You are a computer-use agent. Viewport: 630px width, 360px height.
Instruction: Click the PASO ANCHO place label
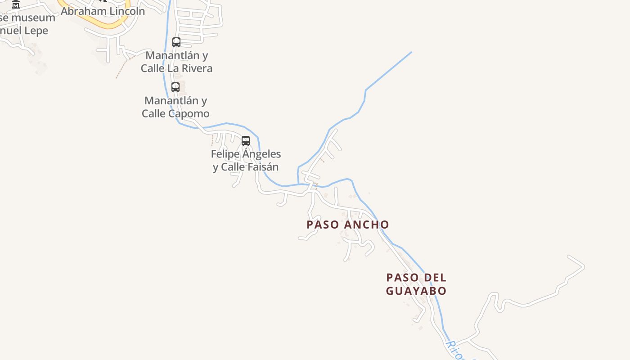pos(347,224)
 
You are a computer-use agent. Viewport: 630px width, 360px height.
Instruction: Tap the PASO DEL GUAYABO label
pos(416,284)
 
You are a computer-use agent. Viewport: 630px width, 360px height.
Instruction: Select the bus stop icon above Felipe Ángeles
pos(246,140)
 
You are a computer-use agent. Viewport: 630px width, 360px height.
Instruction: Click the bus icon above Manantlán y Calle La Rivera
pos(176,42)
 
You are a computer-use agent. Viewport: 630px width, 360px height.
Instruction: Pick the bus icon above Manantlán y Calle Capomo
pos(175,87)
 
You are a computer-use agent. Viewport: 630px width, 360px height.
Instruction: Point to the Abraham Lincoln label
pos(103,11)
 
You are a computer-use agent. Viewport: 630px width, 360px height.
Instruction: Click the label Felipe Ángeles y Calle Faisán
pos(246,160)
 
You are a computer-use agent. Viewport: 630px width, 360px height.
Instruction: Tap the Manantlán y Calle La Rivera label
pos(176,62)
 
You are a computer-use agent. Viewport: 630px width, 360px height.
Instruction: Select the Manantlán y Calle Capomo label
pos(175,107)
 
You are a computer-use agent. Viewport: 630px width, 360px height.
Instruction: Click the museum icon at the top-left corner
pos(16,4)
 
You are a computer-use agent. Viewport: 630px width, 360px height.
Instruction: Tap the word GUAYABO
pos(416,291)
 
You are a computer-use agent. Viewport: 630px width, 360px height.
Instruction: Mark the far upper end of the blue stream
pos(411,52)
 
